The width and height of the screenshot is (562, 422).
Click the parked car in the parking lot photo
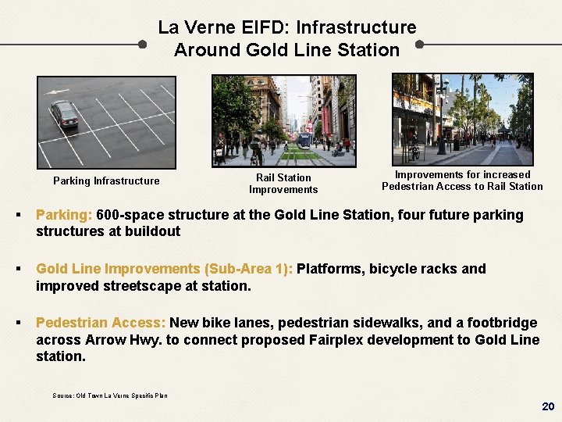coord(64,114)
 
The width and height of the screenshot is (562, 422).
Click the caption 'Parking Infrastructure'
coord(106,181)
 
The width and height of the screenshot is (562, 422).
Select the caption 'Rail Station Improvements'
coord(283,184)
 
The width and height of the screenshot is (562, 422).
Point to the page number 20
coord(547,407)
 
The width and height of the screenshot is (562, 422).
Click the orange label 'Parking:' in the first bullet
coord(65,215)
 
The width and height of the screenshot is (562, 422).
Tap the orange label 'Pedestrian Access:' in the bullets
coord(101,323)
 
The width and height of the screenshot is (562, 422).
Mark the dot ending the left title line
coord(141,45)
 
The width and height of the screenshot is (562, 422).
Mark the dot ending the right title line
coord(420,45)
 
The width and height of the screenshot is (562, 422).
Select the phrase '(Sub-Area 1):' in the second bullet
coord(247,269)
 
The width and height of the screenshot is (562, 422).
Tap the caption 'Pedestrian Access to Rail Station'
coord(462,186)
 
